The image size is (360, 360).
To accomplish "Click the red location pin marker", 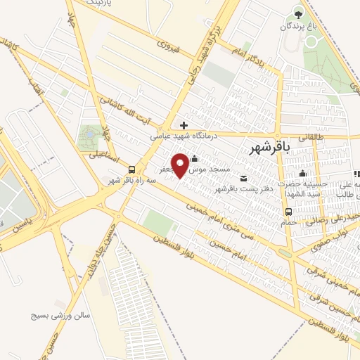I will tap(181, 165).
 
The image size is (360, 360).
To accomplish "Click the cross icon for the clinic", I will tap(184, 125).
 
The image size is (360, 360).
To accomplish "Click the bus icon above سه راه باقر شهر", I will tap(131, 169).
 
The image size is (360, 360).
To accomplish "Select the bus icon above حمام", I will tap(288, 212).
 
